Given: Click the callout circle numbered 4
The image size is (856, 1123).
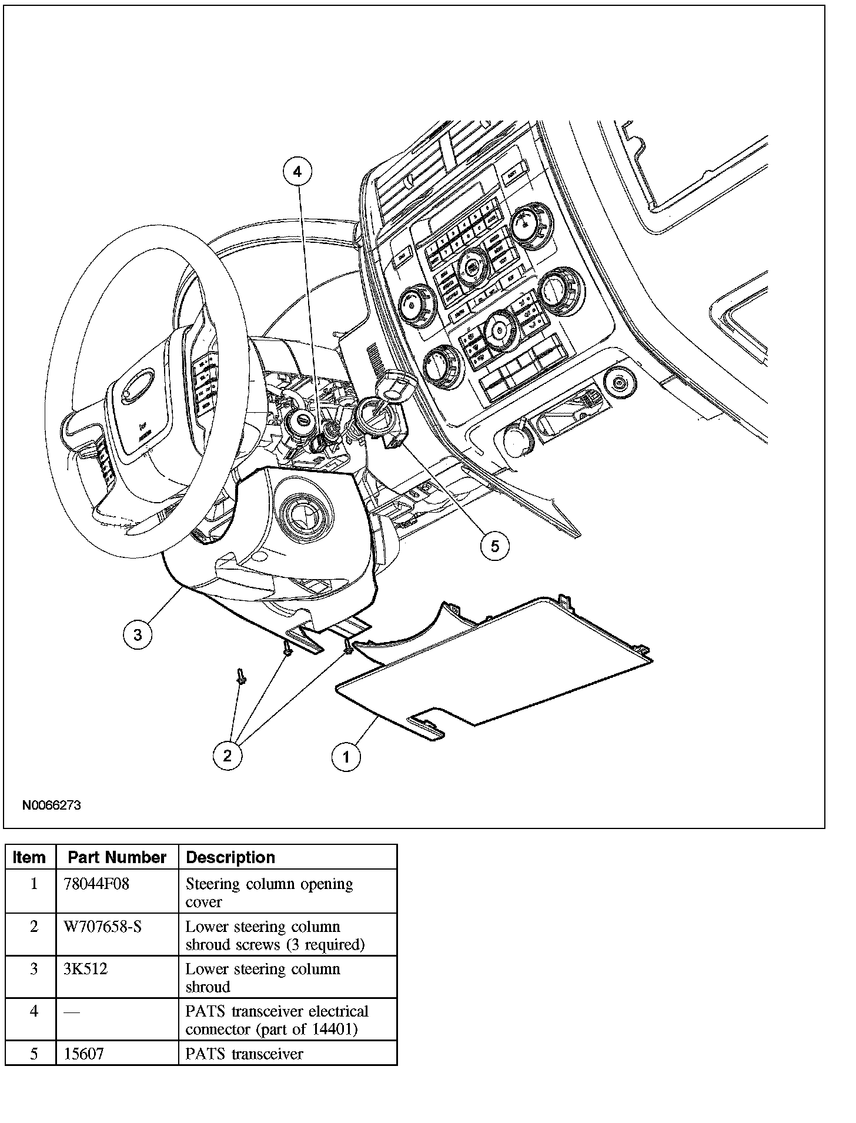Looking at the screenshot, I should click(297, 172).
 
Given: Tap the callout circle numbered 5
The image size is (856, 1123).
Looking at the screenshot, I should click(495, 546).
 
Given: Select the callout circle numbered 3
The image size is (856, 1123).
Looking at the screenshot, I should click(138, 634).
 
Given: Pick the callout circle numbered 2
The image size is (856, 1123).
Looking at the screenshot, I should click(228, 756).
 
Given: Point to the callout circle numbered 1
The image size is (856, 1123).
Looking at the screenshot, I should click(346, 757).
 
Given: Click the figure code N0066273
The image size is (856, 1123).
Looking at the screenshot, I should click(52, 806).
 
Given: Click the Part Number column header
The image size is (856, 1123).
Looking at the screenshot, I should click(117, 857).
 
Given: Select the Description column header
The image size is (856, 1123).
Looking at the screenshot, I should click(230, 857).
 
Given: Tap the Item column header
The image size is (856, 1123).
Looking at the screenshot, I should click(29, 857).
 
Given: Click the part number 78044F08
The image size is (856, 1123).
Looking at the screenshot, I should click(96, 884).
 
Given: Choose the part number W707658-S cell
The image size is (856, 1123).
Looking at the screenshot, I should click(103, 927).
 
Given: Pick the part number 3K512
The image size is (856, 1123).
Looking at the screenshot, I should click(86, 969).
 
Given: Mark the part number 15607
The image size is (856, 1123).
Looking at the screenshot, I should click(84, 1053).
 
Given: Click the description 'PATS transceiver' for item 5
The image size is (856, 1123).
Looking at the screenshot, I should click(245, 1053).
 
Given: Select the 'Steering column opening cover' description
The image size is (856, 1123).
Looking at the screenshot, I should click(269, 892).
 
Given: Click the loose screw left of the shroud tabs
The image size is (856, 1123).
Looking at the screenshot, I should click(241, 676).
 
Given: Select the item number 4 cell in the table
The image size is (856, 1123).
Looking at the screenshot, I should click(34, 1011).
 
